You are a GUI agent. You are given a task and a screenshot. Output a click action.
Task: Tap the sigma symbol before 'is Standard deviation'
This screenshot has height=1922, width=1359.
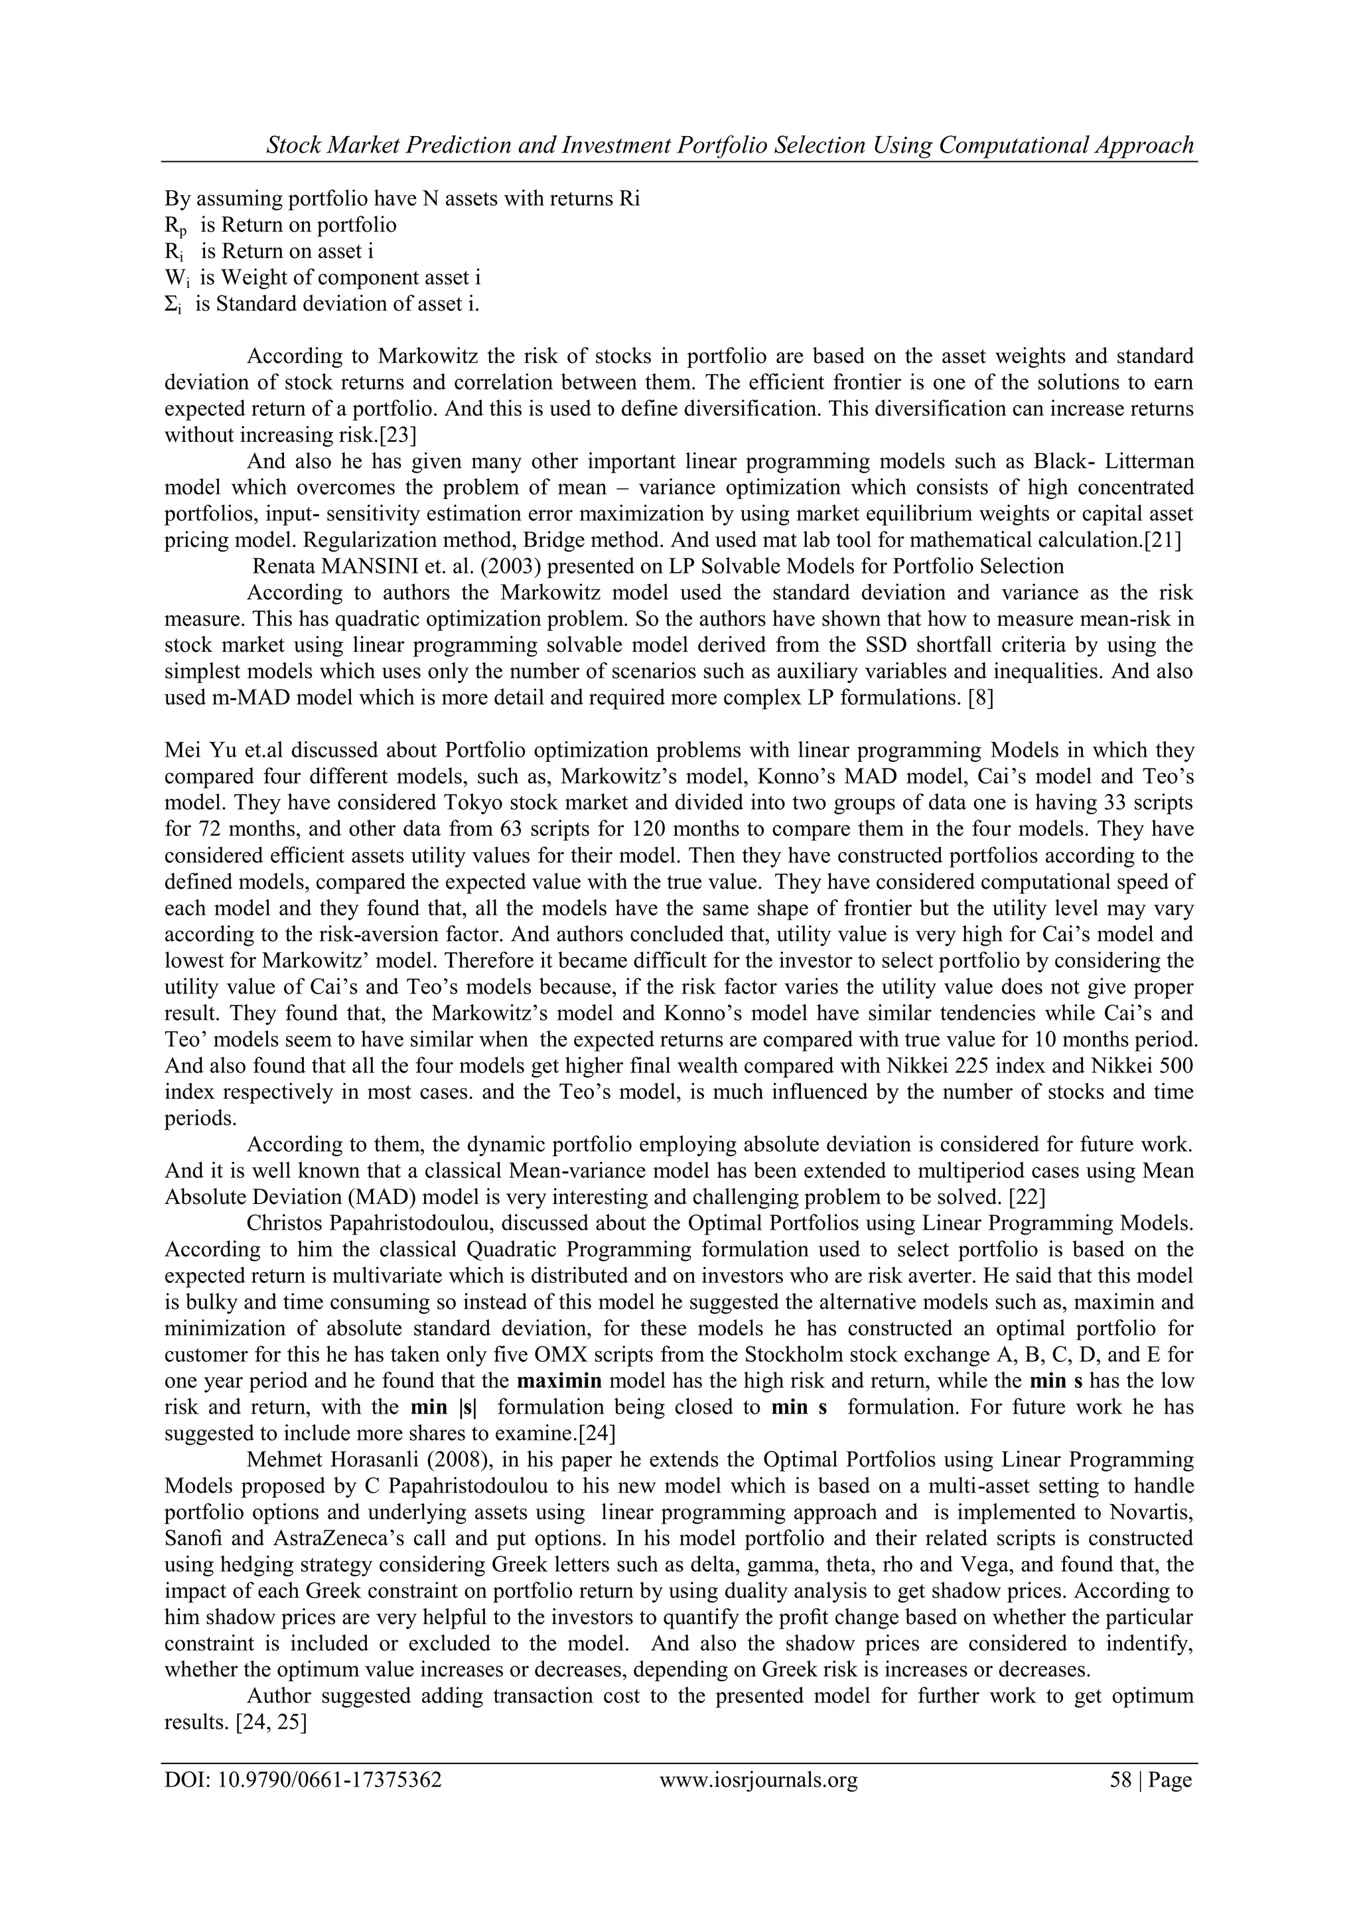[173, 305]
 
